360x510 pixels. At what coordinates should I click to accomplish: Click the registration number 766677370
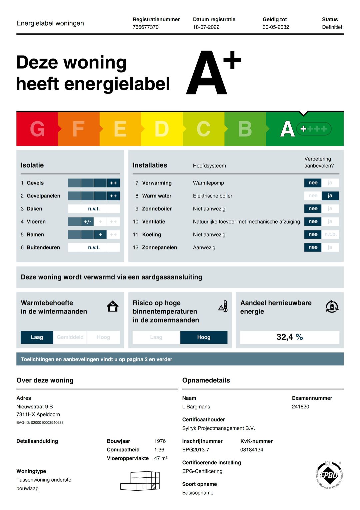[145, 27]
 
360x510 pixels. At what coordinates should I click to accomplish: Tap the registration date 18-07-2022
[206, 27]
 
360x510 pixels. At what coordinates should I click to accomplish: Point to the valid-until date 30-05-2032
[276, 27]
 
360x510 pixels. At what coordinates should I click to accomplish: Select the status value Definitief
[332, 27]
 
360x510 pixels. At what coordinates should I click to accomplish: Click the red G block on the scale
[37, 129]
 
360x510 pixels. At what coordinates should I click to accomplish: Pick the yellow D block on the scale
[162, 129]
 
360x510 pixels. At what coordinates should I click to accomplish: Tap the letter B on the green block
[245, 129]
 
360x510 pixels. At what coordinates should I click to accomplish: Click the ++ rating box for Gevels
[113, 183]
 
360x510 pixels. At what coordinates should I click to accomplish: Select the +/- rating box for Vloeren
[87, 222]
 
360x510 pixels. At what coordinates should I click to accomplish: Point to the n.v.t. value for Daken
[94, 209]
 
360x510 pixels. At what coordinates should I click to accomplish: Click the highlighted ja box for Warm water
[330, 196]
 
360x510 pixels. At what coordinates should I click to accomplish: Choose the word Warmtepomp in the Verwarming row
[208, 183]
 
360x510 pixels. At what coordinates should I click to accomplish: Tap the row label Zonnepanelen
[159, 248]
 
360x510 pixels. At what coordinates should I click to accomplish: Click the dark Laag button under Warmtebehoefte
[37, 337]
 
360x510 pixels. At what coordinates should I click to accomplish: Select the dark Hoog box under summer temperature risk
[204, 337]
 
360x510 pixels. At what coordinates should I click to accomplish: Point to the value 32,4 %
[289, 337]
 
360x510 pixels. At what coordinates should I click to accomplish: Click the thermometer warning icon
[223, 306]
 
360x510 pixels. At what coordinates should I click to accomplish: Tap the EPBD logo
[329, 475]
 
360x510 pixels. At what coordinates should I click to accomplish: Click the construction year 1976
[160, 441]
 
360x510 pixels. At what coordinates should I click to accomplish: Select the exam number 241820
[300, 407]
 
